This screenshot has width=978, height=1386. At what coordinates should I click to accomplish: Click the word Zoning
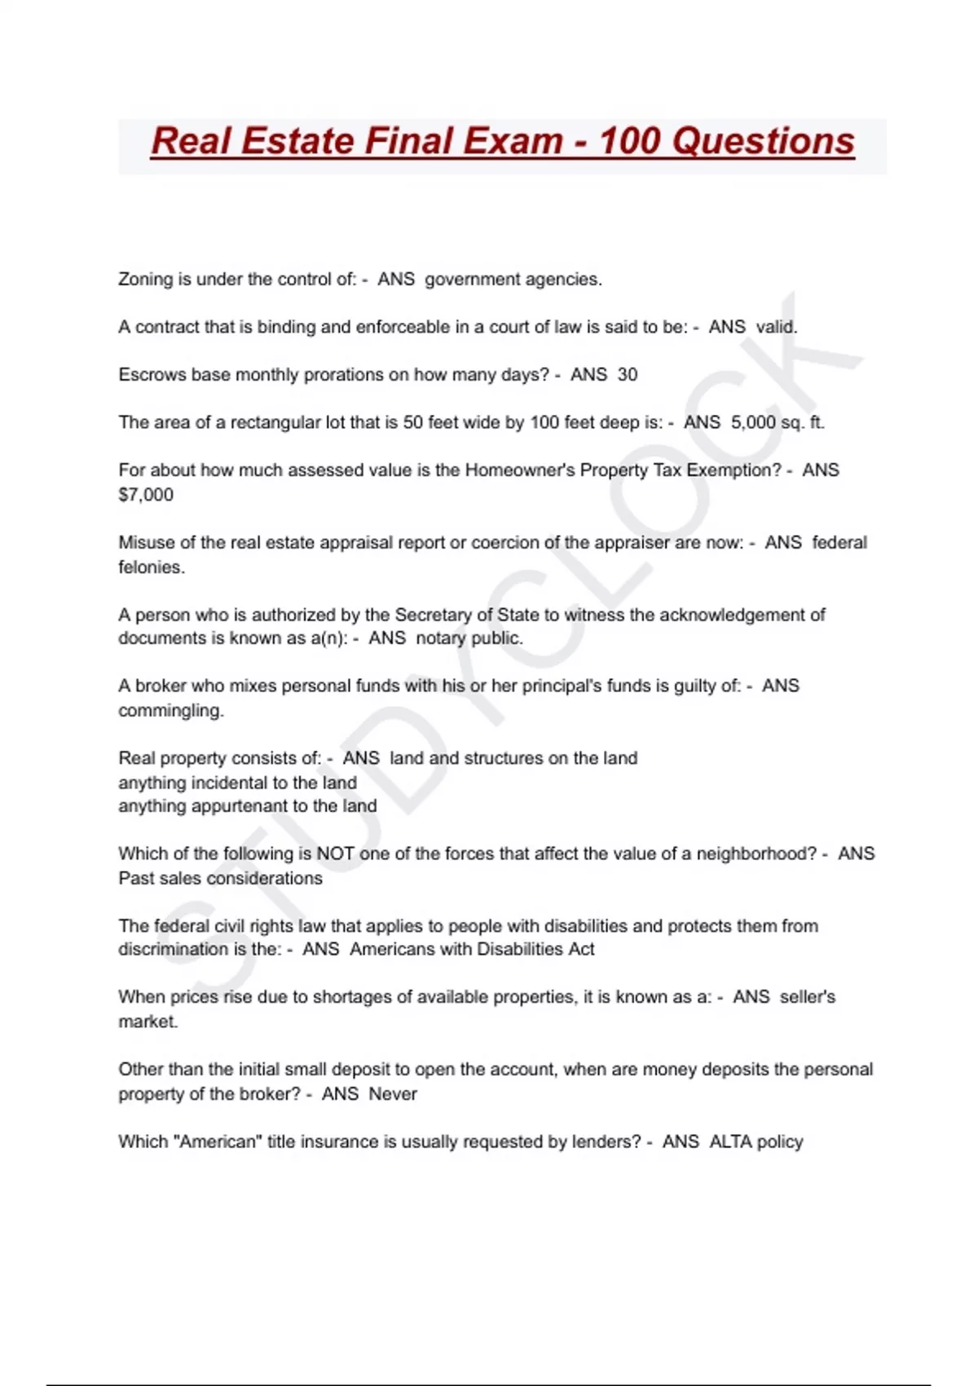(x=146, y=279)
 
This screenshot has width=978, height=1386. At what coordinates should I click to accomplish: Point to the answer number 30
(x=628, y=374)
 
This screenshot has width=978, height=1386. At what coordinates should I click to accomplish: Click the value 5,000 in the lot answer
(x=753, y=422)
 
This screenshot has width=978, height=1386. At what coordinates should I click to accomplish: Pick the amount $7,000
(x=146, y=494)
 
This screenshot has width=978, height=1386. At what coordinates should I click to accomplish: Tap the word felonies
(x=152, y=567)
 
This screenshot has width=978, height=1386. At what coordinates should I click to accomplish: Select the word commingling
(x=171, y=710)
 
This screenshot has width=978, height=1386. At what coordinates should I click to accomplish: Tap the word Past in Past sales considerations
(x=136, y=878)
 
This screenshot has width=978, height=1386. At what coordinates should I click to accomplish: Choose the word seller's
(x=807, y=996)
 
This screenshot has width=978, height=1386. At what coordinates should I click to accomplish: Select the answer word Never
(x=393, y=1093)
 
